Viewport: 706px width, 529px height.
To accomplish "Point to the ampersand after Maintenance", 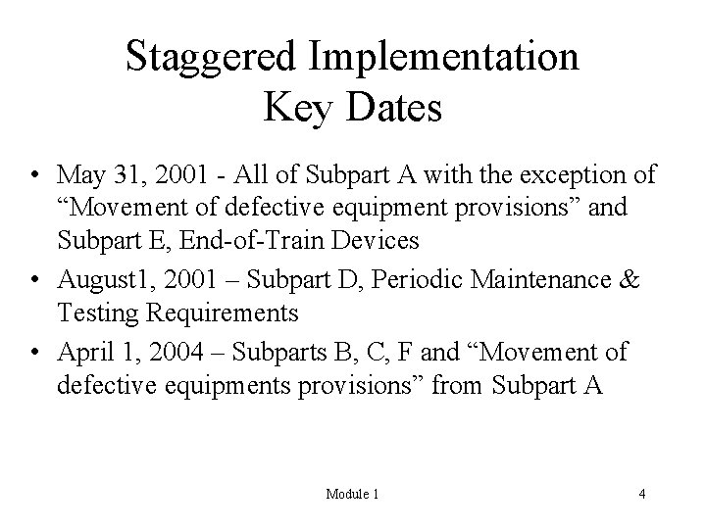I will (630, 282).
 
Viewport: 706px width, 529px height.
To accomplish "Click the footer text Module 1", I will (352, 495).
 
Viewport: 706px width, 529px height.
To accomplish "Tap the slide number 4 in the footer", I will (641, 495).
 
